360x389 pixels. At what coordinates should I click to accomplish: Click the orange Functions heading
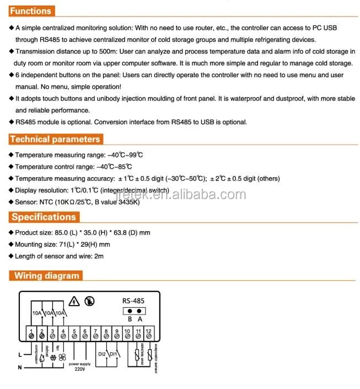click(x=31, y=10)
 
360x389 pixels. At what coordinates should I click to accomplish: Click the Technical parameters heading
click(x=55, y=139)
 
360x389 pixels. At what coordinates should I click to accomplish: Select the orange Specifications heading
click(x=44, y=217)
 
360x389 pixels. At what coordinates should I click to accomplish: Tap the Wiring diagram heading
click(x=47, y=275)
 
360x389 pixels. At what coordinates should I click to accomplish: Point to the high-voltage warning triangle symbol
click(x=75, y=301)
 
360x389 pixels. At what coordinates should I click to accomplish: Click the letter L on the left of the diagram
click(x=20, y=353)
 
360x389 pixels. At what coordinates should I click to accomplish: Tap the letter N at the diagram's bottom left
click(x=20, y=367)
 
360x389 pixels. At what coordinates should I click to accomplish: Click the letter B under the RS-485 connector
click(x=130, y=319)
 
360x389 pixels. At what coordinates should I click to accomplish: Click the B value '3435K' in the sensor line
click(x=128, y=203)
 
